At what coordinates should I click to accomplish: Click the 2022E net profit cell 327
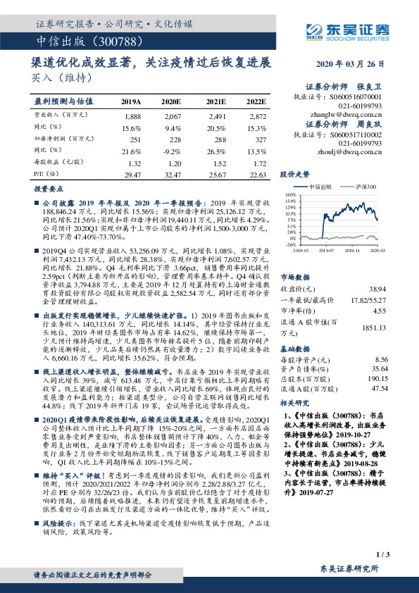(258, 140)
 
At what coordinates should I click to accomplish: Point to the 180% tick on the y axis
(290, 195)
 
